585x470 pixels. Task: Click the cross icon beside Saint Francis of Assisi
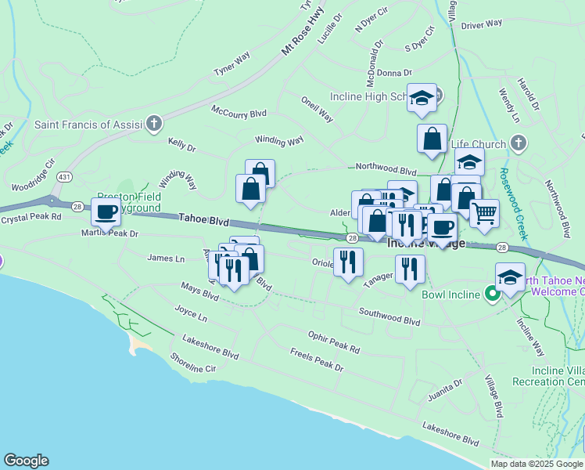(x=155, y=123)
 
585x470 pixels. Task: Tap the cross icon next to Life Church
(x=518, y=142)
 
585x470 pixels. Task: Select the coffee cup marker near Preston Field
(x=106, y=211)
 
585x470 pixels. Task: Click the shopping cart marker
(x=484, y=211)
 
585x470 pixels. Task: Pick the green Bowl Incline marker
(x=492, y=294)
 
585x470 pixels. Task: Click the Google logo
(x=26, y=461)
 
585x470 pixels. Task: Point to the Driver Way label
(x=482, y=24)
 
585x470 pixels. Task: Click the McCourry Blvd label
(x=239, y=114)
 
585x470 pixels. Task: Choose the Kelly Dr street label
(x=181, y=143)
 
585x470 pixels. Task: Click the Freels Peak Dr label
(x=316, y=360)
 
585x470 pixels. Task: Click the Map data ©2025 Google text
(x=537, y=464)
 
